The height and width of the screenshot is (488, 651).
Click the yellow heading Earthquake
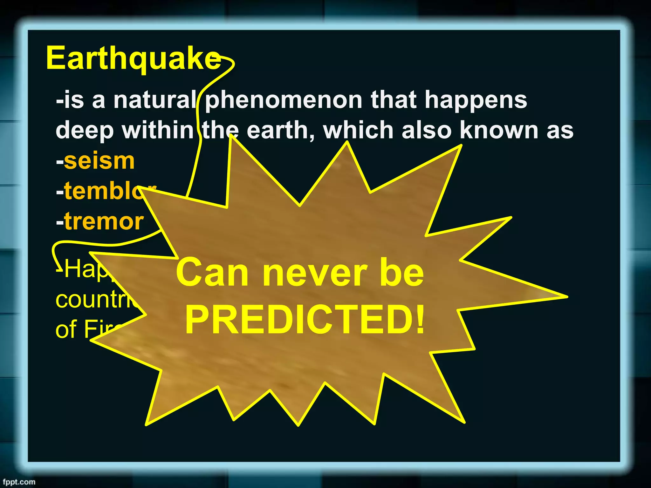click(x=133, y=59)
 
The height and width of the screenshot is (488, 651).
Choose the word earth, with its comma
click(x=280, y=131)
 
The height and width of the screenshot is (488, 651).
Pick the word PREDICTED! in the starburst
click(x=305, y=320)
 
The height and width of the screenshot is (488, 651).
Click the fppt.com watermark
click(x=19, y=482)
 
